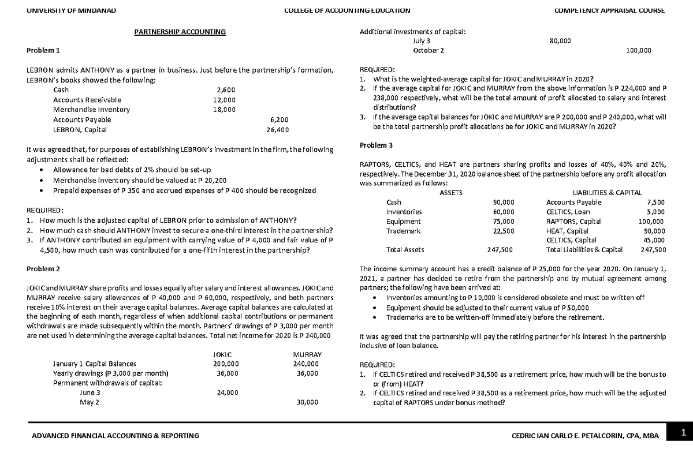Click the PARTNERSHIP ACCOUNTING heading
tap(180, 32)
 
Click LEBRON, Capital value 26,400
tap(278, 129)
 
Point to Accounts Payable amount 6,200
tap(279, 119)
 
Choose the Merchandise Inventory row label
tap(91, 110)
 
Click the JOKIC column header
tap(222, 354)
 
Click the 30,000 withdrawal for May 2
tap(307, 402)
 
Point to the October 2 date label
tap(429, 51)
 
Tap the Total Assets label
tap(404, 250)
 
